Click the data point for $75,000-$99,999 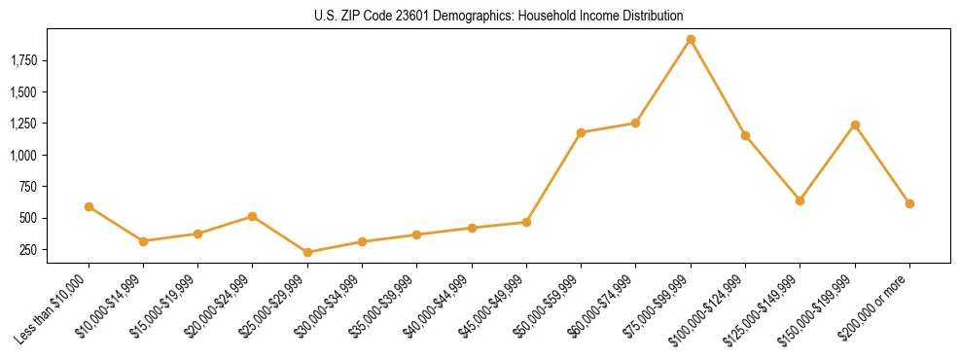(691, 40)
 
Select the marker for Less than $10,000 (89, 206)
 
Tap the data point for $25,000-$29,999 (307, 252)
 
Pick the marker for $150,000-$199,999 (855, 125)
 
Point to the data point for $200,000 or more (909, 203)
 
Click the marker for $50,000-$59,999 (581, 132)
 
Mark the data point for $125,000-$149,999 (800, 200)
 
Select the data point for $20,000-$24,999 (253, 216)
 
